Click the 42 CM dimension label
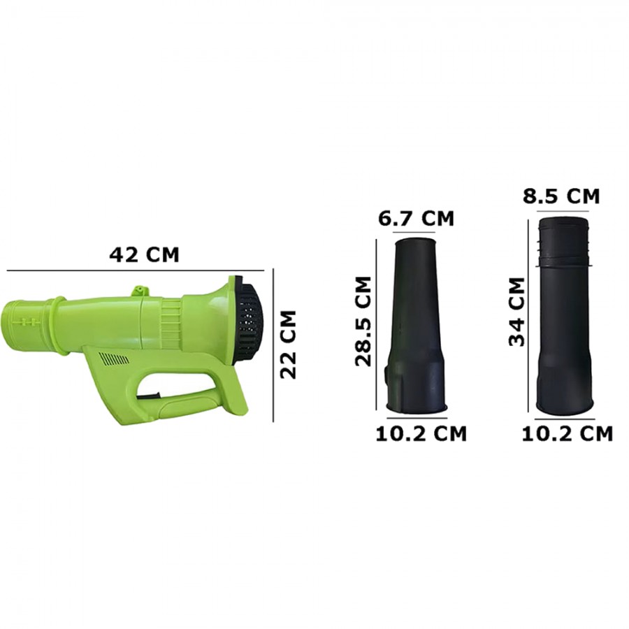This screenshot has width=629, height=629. tap(144, 254)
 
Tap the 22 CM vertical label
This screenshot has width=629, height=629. tap(288, 344)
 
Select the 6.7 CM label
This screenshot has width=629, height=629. tap(416, 219)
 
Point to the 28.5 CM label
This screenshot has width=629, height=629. tap(363, 321)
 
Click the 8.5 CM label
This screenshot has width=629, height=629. tap(561, 196)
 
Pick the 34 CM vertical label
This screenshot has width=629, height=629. tap(516, 312)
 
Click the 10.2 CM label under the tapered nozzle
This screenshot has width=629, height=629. tap(421, 433)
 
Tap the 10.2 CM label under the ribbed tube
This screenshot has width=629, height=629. tap(567, 433)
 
